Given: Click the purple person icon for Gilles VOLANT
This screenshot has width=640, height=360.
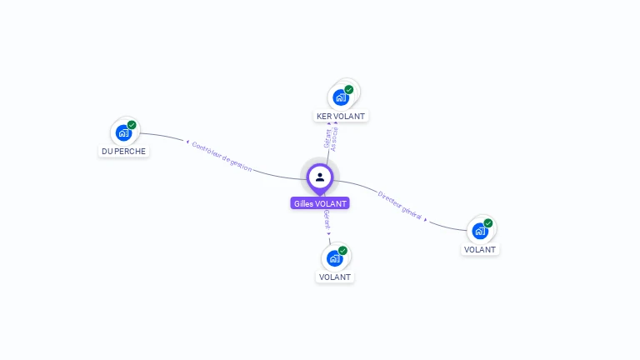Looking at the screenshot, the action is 320,177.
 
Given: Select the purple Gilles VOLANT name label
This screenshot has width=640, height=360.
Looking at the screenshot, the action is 320,203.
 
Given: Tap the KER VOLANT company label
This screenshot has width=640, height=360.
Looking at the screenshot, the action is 341,117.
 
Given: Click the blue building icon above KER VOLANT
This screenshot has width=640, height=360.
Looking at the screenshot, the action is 341,97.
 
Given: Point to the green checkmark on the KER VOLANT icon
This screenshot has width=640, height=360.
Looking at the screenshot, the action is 349,89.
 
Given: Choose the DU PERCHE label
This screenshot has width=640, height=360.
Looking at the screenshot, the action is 124,152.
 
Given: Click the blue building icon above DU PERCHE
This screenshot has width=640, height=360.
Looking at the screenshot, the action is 124,132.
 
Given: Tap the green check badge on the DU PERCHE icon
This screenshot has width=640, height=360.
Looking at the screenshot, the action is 132,125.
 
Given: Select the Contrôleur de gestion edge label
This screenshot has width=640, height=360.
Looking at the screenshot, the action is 221,156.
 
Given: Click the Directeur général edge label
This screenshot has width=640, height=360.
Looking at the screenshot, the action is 400,205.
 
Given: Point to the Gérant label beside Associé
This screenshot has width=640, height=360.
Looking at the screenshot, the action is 327,139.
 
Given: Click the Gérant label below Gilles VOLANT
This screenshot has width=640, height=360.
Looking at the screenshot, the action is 327,220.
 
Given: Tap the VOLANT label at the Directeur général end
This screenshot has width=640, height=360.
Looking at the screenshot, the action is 480,250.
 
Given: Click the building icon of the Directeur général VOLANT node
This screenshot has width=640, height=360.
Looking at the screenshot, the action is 480,231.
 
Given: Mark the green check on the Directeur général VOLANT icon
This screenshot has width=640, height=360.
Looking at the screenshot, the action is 488,222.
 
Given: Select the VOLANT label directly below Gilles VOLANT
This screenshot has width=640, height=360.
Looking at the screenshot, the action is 335,277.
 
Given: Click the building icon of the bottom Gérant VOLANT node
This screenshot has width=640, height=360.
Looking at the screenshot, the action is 335,258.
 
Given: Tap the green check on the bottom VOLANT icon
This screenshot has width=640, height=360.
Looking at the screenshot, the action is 342,250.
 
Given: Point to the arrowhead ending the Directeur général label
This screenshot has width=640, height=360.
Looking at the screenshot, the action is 426,219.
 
